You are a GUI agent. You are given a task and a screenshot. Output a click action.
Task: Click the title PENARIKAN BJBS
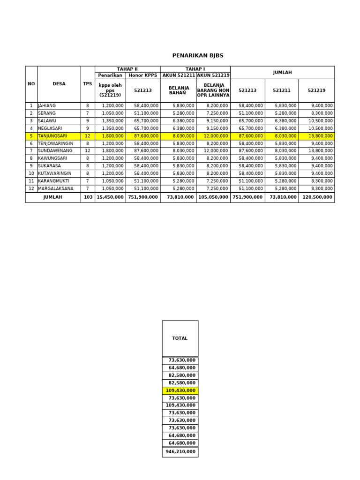tap(191, 55)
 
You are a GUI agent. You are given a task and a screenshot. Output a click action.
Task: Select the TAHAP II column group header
tap(127, 69)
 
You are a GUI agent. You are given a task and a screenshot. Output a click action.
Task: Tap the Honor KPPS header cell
tap(143, 75)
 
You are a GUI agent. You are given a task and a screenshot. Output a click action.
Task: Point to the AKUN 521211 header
tap(179, 75)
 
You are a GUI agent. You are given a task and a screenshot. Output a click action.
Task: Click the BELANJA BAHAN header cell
tap(179, 90)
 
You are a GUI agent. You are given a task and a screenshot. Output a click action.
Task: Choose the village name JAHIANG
tap(47, 106)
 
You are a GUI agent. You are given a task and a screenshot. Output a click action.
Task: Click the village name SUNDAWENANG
tap(55, 151)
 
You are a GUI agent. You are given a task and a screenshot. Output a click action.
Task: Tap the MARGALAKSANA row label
tap(56, 188)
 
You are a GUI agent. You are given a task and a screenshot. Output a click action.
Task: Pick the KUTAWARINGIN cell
tap(55, 173)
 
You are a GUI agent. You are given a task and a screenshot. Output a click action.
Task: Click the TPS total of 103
tap(87, 197)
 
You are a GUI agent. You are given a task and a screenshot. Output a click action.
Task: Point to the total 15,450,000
tap(110, 197)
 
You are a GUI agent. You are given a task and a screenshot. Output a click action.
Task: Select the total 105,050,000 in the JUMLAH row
tap(213, 197)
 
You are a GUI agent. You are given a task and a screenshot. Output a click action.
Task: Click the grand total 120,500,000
tap(317, 197)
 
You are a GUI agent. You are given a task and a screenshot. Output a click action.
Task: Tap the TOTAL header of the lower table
tap(180, 338)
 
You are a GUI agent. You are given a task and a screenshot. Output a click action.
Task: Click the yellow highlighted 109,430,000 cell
tap(180, 390)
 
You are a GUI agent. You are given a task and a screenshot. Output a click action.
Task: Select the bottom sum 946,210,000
tap(180, 452)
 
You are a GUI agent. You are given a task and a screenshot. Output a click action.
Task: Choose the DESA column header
tap(59, 84)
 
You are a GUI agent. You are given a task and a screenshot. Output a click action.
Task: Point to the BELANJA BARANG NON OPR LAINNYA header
tap(213, 90)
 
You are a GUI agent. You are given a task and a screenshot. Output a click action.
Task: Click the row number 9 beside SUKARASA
tap(31, 166)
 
